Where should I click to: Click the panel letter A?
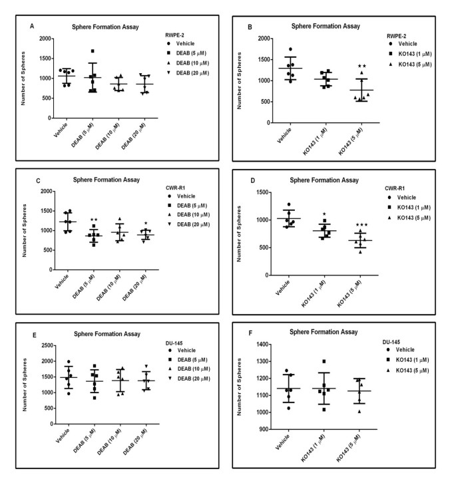tap(33, 26)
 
